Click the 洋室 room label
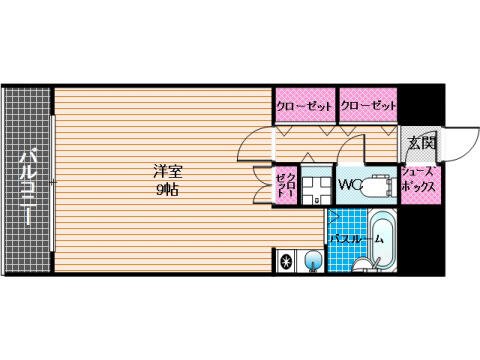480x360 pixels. (168, 172)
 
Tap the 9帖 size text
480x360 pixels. (168, 190)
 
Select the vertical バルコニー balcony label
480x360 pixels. (28, 188)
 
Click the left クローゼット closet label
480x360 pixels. (304, 106)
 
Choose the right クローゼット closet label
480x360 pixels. (368, 106)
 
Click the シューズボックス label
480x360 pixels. (418, 180)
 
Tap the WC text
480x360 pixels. (350, 185)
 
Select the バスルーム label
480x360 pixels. (356, 239)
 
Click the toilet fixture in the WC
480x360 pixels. (379, 186)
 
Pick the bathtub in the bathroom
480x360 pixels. (382, 239)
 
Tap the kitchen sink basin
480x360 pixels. (314, 260)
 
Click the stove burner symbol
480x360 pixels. (286, 261)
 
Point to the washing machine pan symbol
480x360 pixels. (316, 186)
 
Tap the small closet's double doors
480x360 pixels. (261, 185)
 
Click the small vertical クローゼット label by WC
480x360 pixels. (287, 184)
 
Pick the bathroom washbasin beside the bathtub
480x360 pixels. (363, 265)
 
